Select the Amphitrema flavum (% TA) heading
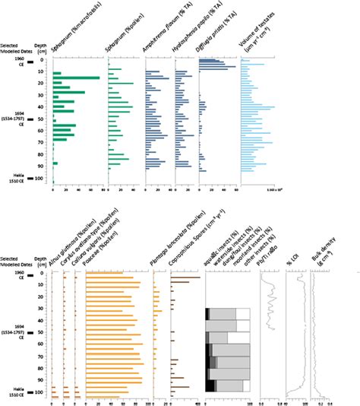click(x=161, y=33)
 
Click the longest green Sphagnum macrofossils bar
click(x=76, y=78)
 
